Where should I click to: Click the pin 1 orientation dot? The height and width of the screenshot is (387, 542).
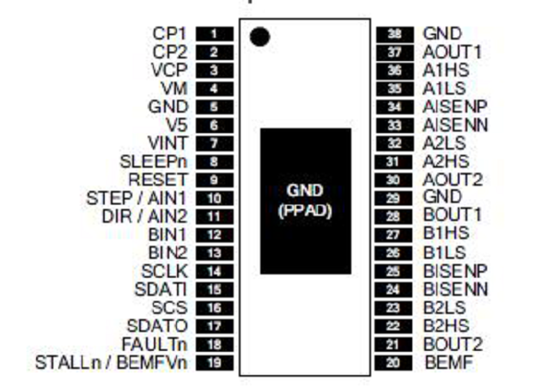pos(259,36)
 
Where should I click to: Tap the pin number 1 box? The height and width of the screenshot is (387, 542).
pos(215,34)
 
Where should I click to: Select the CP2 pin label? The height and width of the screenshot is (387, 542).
pos(170,52)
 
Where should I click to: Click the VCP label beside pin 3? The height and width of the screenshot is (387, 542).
pos(169,71)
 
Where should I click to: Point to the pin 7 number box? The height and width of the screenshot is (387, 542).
pos(215,144)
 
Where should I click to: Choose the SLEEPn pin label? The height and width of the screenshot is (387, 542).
pos(153,162)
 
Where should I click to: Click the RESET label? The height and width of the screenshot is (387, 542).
pos(158,180)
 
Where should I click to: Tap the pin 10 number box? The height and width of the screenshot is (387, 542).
pos(215,199)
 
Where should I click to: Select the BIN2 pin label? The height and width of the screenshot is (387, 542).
pos(167,253)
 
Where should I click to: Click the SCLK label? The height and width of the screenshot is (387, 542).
pos(165,272)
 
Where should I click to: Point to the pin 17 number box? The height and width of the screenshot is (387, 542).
pos(215,326)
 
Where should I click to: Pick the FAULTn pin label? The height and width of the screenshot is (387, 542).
pos(154,344)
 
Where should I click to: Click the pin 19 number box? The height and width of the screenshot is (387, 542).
pos(215,363)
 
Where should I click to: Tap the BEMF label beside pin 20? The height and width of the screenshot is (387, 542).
pos(448,363)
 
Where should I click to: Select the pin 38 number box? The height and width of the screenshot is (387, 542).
pos(395,34)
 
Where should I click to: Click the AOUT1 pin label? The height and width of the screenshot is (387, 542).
pos(452,52)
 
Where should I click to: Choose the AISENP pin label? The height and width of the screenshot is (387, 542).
pos(455,107)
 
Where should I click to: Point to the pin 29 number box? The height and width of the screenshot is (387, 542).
pos(393,199)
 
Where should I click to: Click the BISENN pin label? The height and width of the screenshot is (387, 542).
pos(455,289)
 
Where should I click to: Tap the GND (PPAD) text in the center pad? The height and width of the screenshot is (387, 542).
pos(305,200)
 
